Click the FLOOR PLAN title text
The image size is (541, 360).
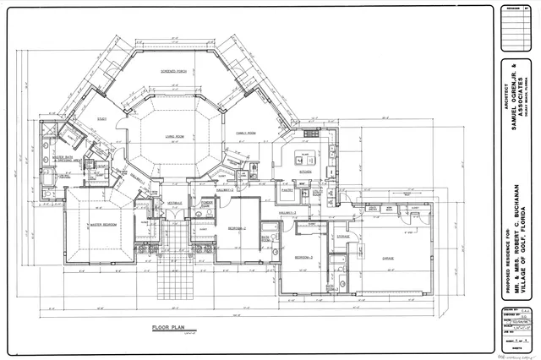169,325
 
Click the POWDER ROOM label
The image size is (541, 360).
205,202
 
